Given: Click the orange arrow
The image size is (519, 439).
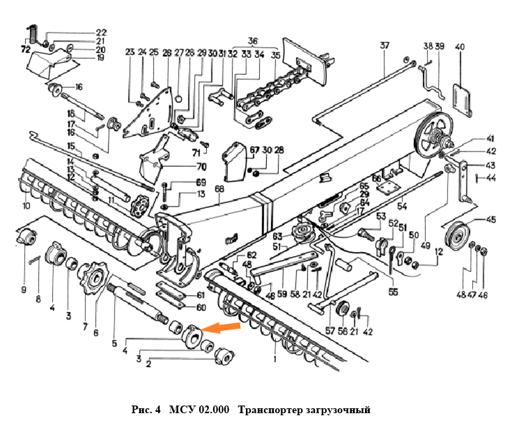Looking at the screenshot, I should [x=223, y=327].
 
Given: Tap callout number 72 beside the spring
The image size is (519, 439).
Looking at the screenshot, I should [x=26, y=50].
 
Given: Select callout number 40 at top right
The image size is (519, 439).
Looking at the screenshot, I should [x=459, y=47].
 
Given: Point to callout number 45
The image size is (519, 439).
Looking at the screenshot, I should [x=491, y=220].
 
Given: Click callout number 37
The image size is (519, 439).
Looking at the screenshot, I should [x=385, y=46].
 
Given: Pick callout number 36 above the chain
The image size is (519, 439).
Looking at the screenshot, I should [x=252, y=40].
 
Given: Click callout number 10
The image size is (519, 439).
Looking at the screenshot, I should [x=26, y=206].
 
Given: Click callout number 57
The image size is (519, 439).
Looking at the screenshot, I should [x=329, y=332].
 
